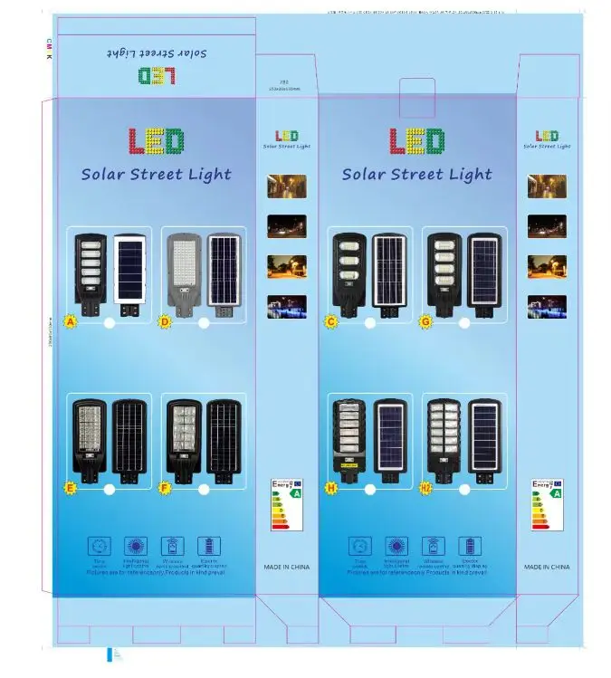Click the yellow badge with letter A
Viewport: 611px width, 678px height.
70,320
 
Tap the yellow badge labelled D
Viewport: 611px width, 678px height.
165,320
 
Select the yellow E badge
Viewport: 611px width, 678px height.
70,488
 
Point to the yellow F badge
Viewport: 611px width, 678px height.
165,488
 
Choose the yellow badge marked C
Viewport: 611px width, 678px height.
331,320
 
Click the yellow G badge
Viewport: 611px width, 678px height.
425,320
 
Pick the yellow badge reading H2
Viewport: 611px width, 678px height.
426,488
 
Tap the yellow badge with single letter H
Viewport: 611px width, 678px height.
331,488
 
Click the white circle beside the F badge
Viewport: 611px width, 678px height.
204,490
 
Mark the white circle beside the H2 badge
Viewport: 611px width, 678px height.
463,490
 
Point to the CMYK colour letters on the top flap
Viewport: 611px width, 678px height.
49,49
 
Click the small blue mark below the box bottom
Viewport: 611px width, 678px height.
112,654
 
